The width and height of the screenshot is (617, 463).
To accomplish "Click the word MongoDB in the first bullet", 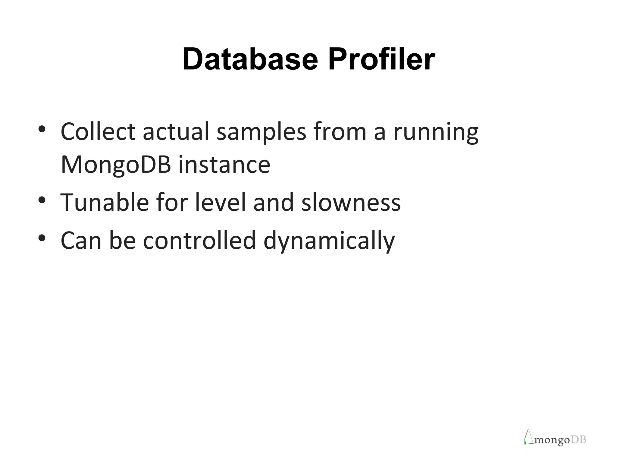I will point(116,165).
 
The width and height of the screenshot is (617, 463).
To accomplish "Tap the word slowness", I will point(351,203).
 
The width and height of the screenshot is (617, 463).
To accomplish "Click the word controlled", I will point(199,240).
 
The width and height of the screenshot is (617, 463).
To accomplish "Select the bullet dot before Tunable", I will point(42,200).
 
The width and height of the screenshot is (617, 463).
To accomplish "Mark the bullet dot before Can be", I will point(42,238).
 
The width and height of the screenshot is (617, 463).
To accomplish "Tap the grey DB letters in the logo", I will point(578,440).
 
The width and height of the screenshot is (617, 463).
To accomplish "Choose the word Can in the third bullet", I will point(81,240).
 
